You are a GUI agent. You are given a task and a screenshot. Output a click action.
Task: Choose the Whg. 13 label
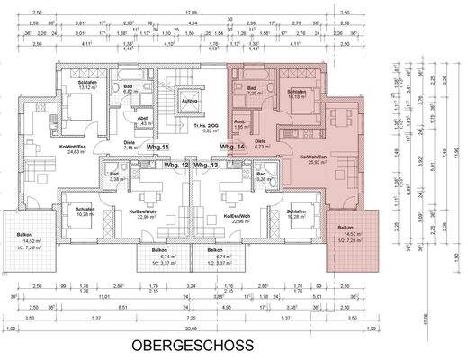[206, 166]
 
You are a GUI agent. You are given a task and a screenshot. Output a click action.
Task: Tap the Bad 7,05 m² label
[252, 89]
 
